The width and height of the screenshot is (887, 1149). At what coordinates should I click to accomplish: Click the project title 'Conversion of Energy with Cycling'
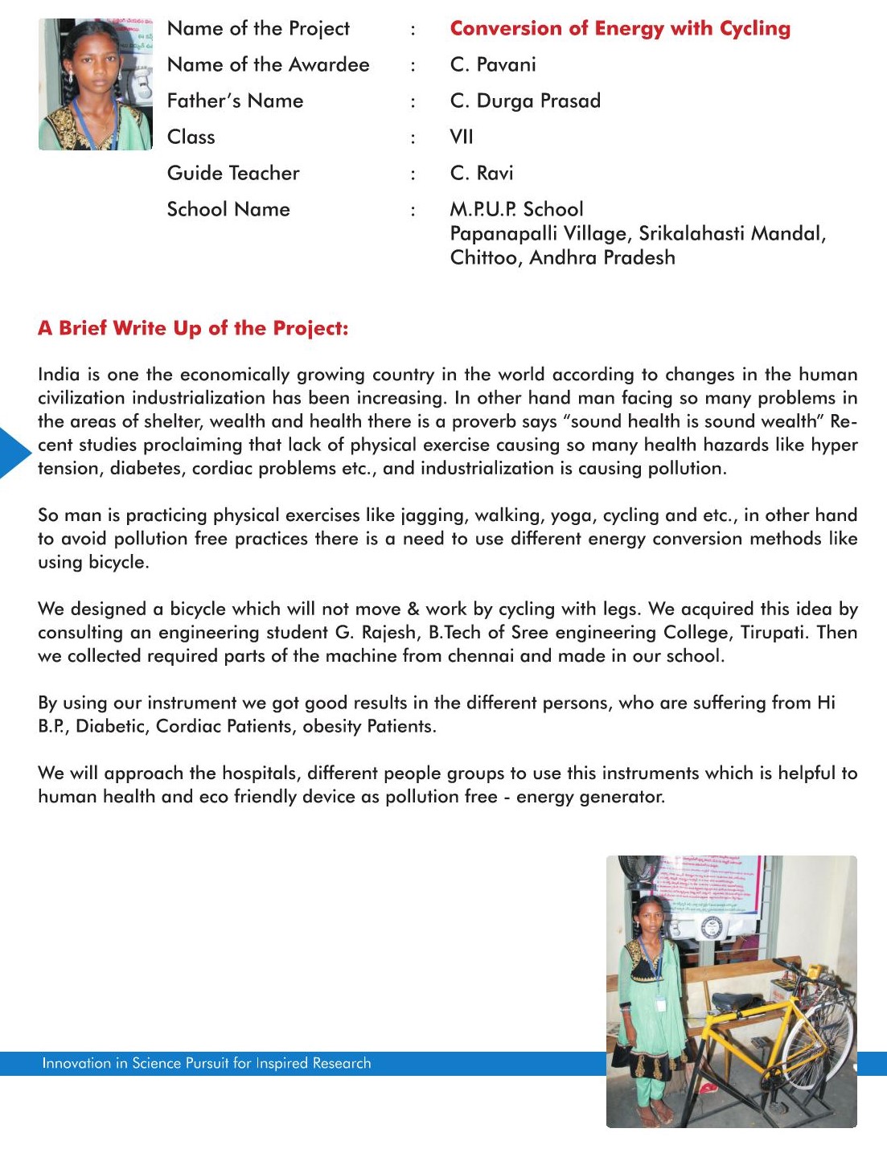click(620, 29)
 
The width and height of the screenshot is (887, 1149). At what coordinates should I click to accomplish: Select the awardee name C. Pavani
click(493, 65)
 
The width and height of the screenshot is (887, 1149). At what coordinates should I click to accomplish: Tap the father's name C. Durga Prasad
click(525, 101)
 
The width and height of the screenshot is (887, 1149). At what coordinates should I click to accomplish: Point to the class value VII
click(462, 137)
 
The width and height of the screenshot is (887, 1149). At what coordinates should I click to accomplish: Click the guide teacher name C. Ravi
click(482, 174)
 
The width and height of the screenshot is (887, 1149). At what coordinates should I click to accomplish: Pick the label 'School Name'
click(228, 210)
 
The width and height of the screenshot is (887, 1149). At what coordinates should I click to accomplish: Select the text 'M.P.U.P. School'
click(516, 210)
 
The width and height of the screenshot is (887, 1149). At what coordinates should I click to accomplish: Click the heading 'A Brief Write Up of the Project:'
click(193, 328)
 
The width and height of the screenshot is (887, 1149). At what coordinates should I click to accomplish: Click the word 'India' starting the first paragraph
click(59, 375)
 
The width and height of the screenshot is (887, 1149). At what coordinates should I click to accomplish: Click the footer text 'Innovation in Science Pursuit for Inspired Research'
click(207, 1064)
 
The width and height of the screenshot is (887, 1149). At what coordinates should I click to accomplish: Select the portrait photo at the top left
click(95, 84)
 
